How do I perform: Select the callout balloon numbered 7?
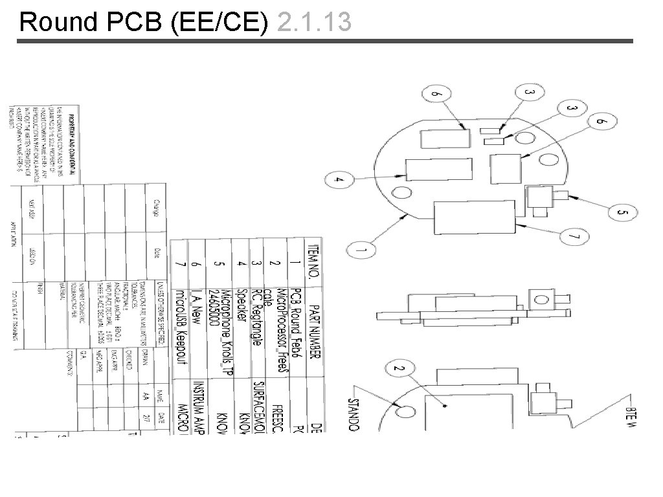coord(571,238)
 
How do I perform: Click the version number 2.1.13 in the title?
coord(313,23)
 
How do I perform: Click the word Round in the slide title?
coord(58,23)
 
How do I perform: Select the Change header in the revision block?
coord(156,207)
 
